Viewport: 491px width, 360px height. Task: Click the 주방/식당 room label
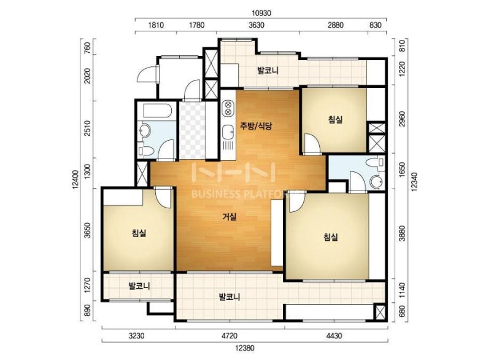[256, 127]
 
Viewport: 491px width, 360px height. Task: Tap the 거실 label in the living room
[230, 216]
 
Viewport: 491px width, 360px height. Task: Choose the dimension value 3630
[257, 25]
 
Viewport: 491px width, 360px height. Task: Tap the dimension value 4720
[230, 336]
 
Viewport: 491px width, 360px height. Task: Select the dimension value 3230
[138, 336]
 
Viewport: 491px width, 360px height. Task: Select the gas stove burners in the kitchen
[228, 109]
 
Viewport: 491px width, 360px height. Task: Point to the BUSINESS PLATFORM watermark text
[241, 194]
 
